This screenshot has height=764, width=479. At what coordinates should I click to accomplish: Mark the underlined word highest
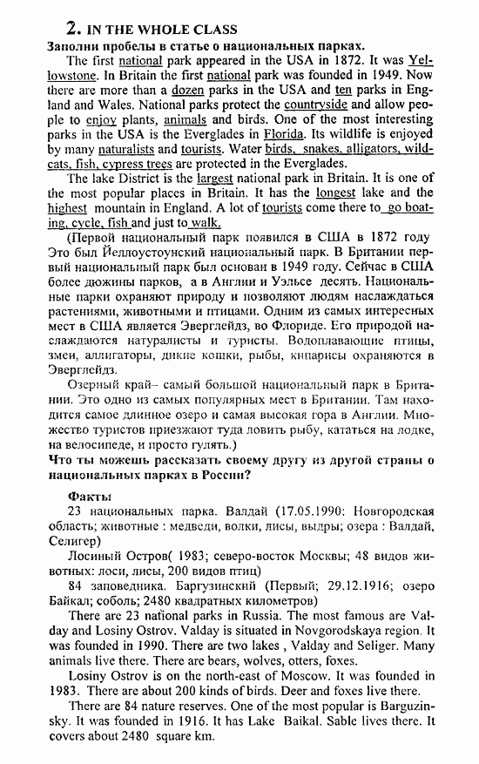67,208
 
